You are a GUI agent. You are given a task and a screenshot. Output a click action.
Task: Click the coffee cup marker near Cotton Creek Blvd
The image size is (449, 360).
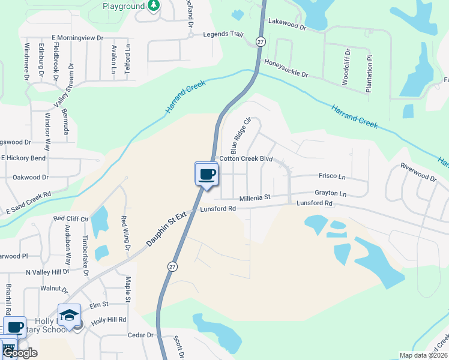206,174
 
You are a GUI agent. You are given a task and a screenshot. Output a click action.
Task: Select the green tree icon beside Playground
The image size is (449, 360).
154,5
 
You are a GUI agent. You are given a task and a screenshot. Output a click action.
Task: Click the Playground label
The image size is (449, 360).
124,6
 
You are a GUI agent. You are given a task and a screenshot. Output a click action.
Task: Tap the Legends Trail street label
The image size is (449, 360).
223,34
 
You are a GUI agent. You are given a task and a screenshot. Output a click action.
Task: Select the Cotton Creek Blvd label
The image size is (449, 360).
246,159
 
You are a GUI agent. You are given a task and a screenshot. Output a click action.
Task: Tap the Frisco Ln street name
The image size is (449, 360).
332,177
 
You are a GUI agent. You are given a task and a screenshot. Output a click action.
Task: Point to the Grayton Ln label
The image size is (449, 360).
331,194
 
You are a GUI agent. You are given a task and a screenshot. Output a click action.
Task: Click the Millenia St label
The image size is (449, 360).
255,197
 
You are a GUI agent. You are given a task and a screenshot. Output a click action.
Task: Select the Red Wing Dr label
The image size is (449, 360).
126,233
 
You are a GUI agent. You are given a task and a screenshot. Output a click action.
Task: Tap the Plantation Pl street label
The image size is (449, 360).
369,74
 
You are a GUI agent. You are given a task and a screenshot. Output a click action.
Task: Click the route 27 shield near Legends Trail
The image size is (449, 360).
260,41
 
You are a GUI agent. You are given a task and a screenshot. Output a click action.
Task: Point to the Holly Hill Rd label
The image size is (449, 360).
108,320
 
